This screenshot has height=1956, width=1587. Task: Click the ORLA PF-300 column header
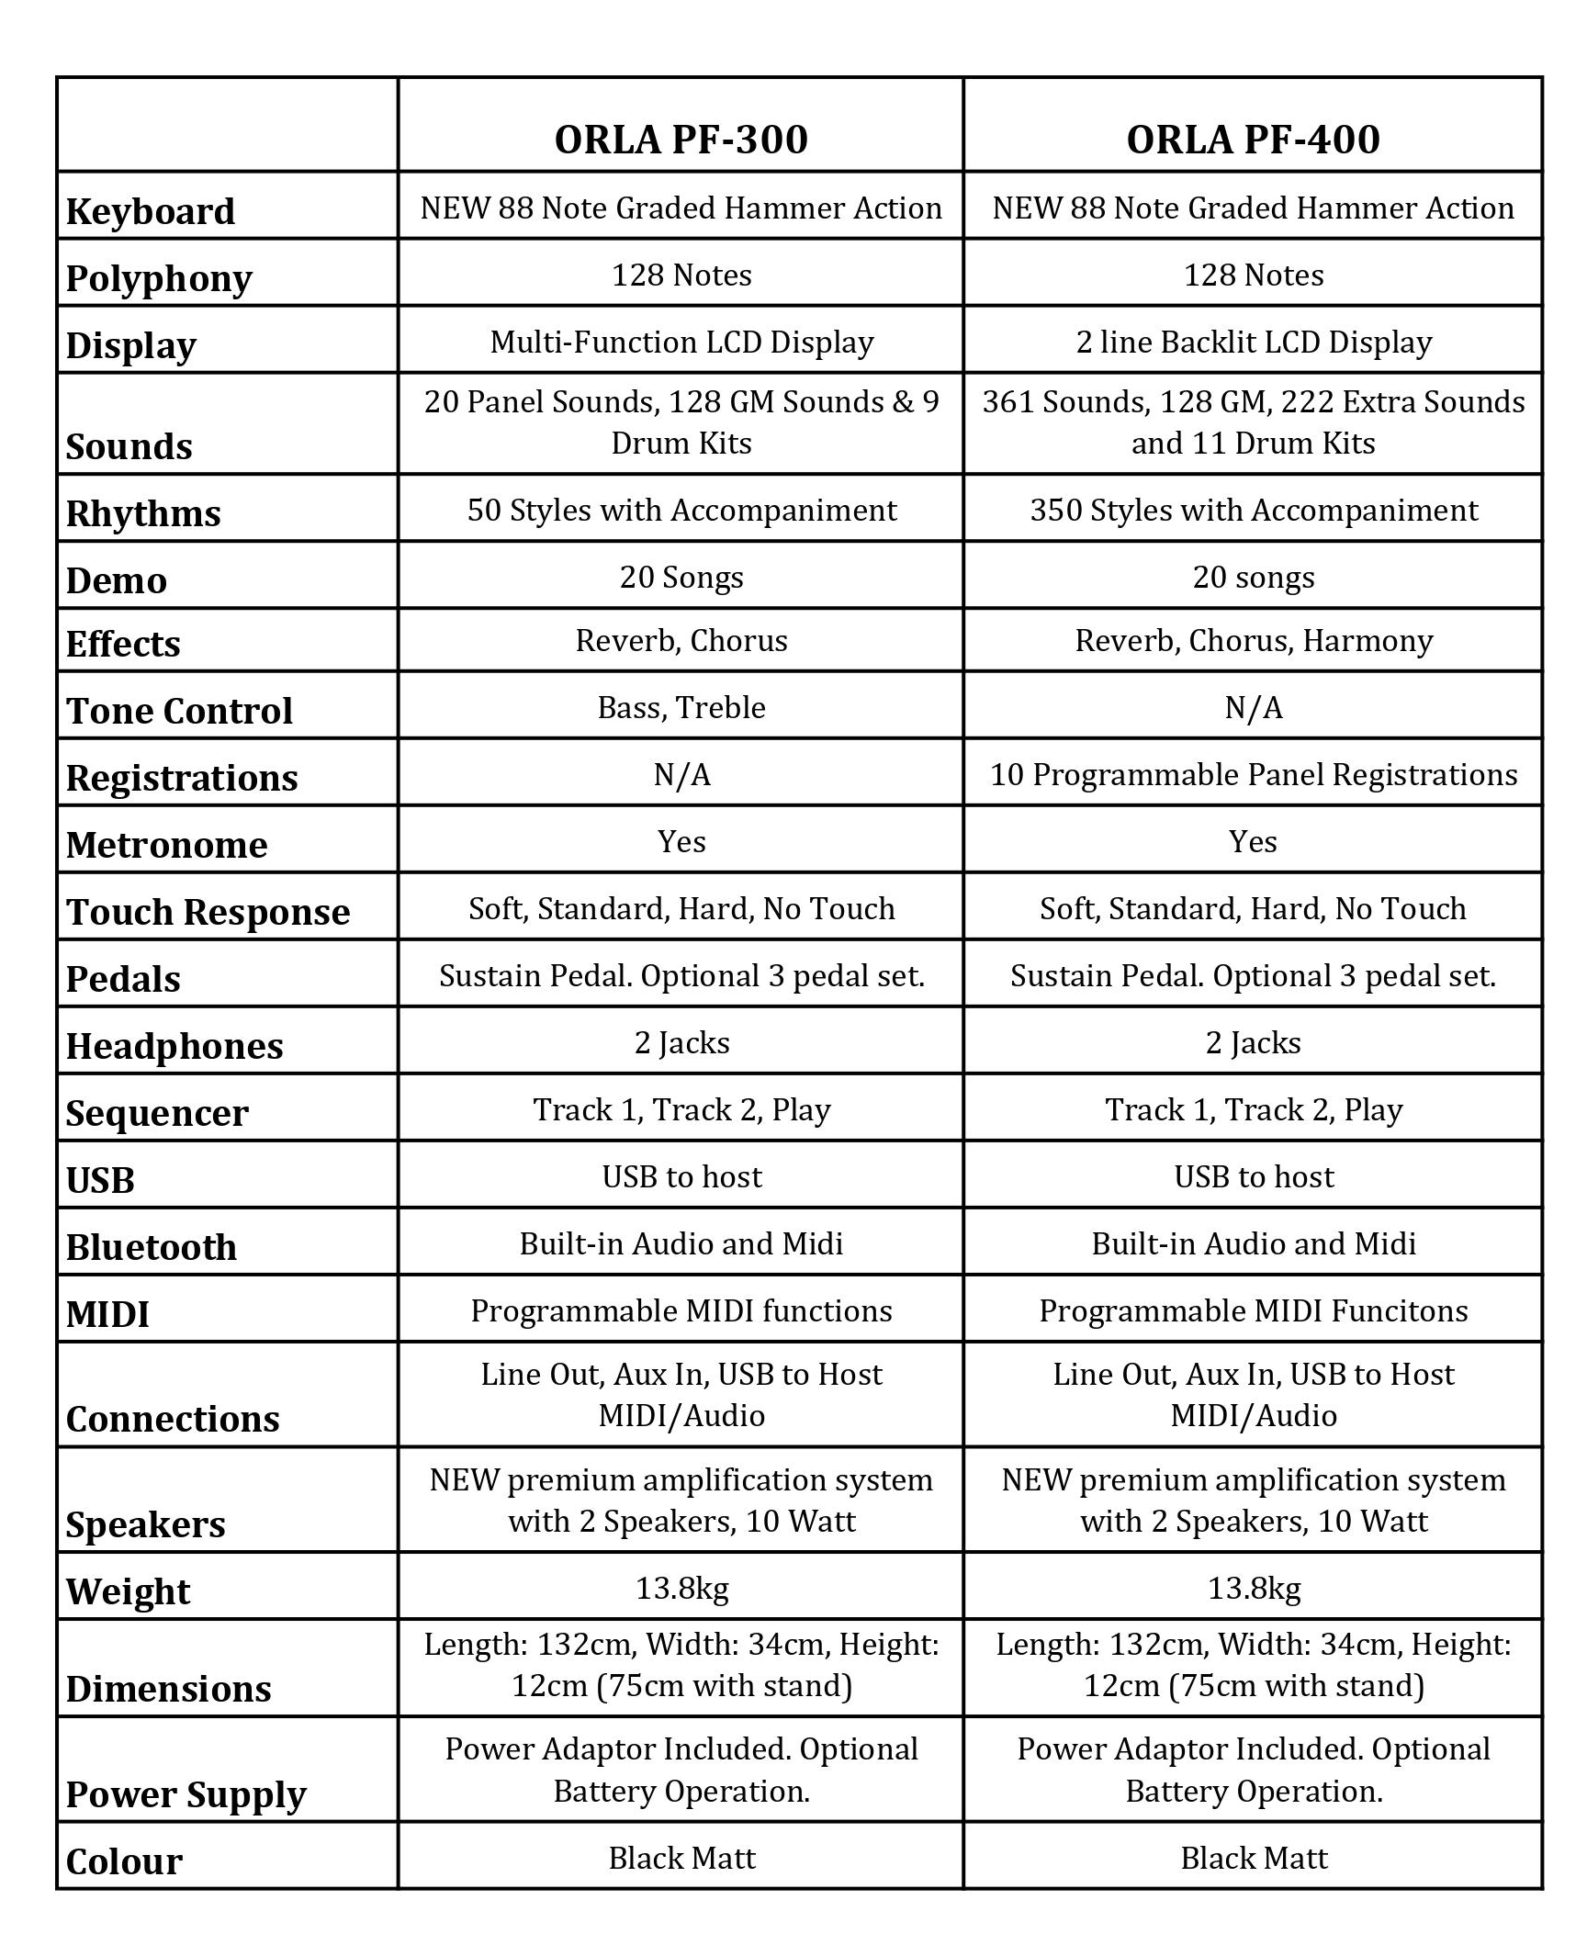coord(681,140)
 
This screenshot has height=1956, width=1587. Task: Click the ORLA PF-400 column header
coord(1253,140)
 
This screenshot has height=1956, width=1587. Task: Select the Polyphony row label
coord(159,278)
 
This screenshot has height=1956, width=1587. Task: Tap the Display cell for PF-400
coord(1253,342)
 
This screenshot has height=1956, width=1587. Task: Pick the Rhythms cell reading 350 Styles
coord(1253,510)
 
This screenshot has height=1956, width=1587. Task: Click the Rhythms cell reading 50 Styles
coord(681,510)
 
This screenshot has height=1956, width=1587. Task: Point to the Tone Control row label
coord(179,711)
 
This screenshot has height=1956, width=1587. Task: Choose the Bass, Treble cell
coord(681,707)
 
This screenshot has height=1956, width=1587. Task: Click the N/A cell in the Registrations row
coord(681,774)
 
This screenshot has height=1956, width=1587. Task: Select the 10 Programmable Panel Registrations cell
coord(1253,774)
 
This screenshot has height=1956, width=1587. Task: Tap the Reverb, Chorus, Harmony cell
coord(1253,640)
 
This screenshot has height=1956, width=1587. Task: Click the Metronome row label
coord(166,845)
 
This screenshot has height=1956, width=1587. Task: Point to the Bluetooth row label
coord(152,1247)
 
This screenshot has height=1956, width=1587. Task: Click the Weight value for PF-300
coord(681,1588)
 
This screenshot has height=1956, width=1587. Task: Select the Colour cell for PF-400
coord(1253,1858)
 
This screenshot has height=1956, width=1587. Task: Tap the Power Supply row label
coord(186,1793)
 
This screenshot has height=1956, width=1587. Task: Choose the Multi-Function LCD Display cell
coord(681,342)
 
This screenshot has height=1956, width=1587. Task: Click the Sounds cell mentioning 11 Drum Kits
coord(1253,422)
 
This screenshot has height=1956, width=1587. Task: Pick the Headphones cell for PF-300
coord(681,1042)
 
